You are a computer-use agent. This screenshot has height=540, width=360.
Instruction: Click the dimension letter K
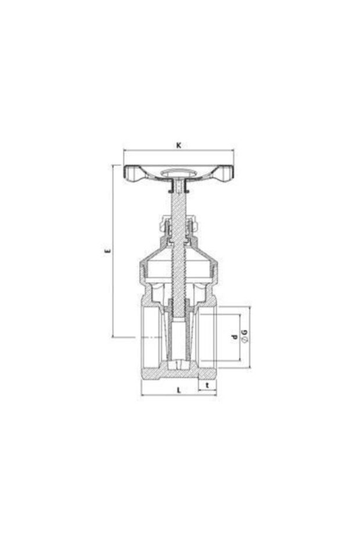[178, 145]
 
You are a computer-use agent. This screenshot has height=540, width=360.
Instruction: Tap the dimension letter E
[107, 251]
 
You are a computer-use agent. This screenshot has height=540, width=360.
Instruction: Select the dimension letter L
[179, 390]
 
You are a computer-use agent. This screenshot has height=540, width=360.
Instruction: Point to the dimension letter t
[207, 386]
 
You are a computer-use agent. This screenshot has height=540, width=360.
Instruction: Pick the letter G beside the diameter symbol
[245, 333]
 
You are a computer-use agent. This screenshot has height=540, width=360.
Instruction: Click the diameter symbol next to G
[245, 340]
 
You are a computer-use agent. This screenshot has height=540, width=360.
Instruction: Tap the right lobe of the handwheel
[225, 173]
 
